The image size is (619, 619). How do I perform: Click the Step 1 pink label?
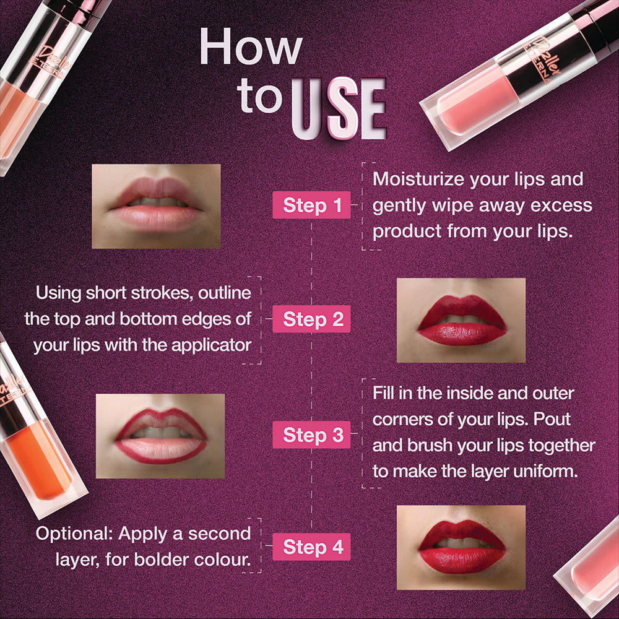[x=312, y=206]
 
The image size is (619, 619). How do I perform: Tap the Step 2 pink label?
[x=312, y=319]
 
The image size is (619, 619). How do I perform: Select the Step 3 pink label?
[x=312, y=435]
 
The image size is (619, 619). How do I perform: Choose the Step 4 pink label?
[x=312, y=547]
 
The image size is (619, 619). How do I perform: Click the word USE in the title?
[x=338, y=110]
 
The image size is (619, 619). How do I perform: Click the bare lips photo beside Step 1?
[x=156, y=206]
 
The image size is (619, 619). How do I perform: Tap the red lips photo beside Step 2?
[x=461, y=320]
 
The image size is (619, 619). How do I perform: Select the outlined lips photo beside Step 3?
[x=160, y=436]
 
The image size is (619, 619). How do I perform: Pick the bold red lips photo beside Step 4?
[x=461, y=547]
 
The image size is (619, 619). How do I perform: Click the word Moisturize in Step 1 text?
[x=418, y=180]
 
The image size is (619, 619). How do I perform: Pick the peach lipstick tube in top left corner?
[x=31, y=80]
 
